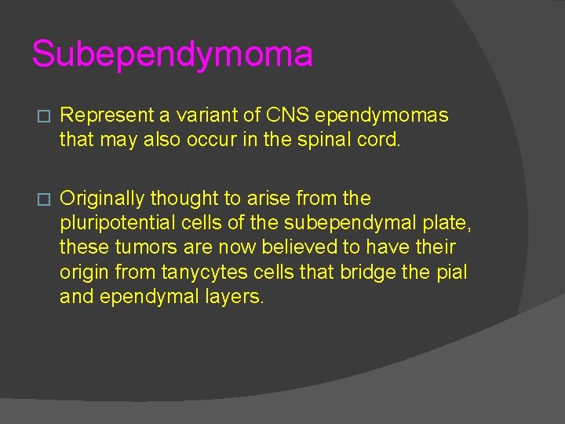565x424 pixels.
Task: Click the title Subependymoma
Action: pos(172,54)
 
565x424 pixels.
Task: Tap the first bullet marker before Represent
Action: pos(43,116)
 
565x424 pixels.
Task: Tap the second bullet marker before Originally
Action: pos(43,199)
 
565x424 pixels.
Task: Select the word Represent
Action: pos(108,115)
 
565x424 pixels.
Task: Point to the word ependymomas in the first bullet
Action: pos(388,115)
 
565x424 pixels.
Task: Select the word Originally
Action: pos(104,198)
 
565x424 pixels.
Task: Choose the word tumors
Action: pos(137,248)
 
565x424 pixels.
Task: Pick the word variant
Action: pos(206,115)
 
